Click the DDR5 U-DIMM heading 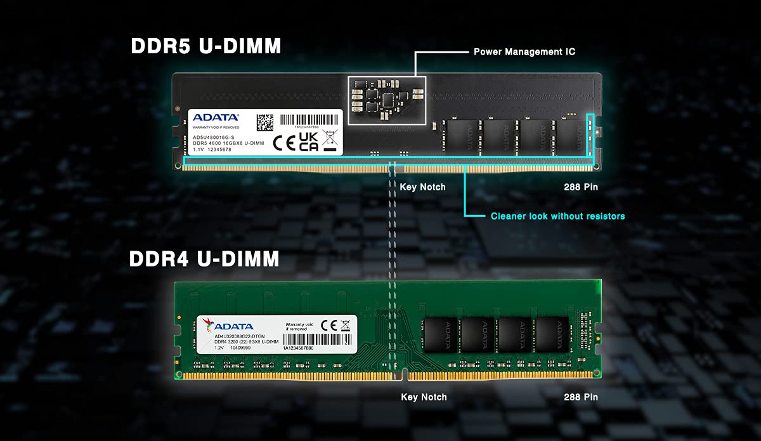pyautogui.click(x=206, y=47)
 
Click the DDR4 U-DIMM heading pyautogui.click(x=204, y=259)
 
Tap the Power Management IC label pyautogui.click(x=524, y=51)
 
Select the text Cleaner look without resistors pyautogui.click(x=557, y=216)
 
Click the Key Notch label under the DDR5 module pyautogui.click(x=422, y=187)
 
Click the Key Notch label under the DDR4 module pyautogui.click(x=424, y=397)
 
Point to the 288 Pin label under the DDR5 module pyautogui.click(x=580, y=187)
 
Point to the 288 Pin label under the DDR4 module pyautogui.click(x=580, y=397)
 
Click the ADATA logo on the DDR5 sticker pyautogui.click(x=216, y=117)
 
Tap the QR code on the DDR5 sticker pyautogui.click(x=265, y=122)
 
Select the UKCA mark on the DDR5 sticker pyautogui.click(x=308, y=142)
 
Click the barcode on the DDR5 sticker pyautogui.click(x=309, y=119)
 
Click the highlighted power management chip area pyautogui.click(x=387, y=100)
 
